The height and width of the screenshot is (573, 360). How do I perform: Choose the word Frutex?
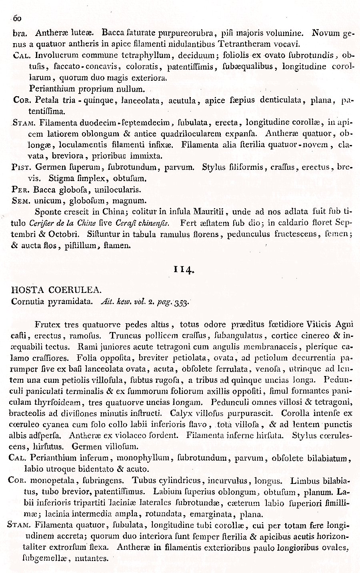(47, 324)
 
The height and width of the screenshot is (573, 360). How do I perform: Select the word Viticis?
(320, 324)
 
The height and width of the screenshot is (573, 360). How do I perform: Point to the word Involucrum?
(54, 55)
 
